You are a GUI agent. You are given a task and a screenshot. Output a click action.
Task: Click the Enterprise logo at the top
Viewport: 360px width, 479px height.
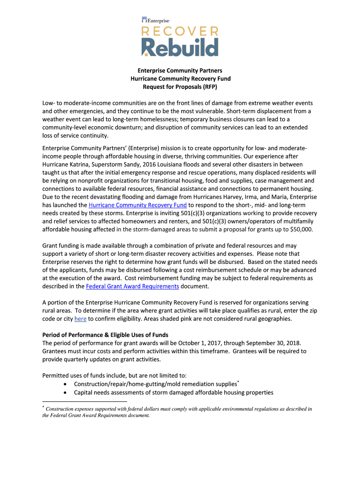click(x=155, y=20)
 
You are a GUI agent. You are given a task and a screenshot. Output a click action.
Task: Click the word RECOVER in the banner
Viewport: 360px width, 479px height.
click(x=180, y=32)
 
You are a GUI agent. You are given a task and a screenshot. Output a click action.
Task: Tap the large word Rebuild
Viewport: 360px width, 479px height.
click(x=180, y=48)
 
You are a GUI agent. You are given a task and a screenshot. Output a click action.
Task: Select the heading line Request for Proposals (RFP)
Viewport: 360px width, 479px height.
click(x=180, y=87)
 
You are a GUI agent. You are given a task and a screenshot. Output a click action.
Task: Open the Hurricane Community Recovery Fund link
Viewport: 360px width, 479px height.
click(x=137, y=205)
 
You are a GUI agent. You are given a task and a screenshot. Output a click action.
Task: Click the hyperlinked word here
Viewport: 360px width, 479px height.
click(x=80, y=319)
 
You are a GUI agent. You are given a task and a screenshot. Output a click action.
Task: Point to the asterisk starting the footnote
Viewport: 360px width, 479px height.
click(x=43, y=408)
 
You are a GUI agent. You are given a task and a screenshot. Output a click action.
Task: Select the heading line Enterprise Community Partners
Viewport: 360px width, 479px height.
click(x=180, y=71)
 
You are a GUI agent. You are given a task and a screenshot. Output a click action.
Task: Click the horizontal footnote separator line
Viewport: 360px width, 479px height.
click(x=85, y=401)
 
